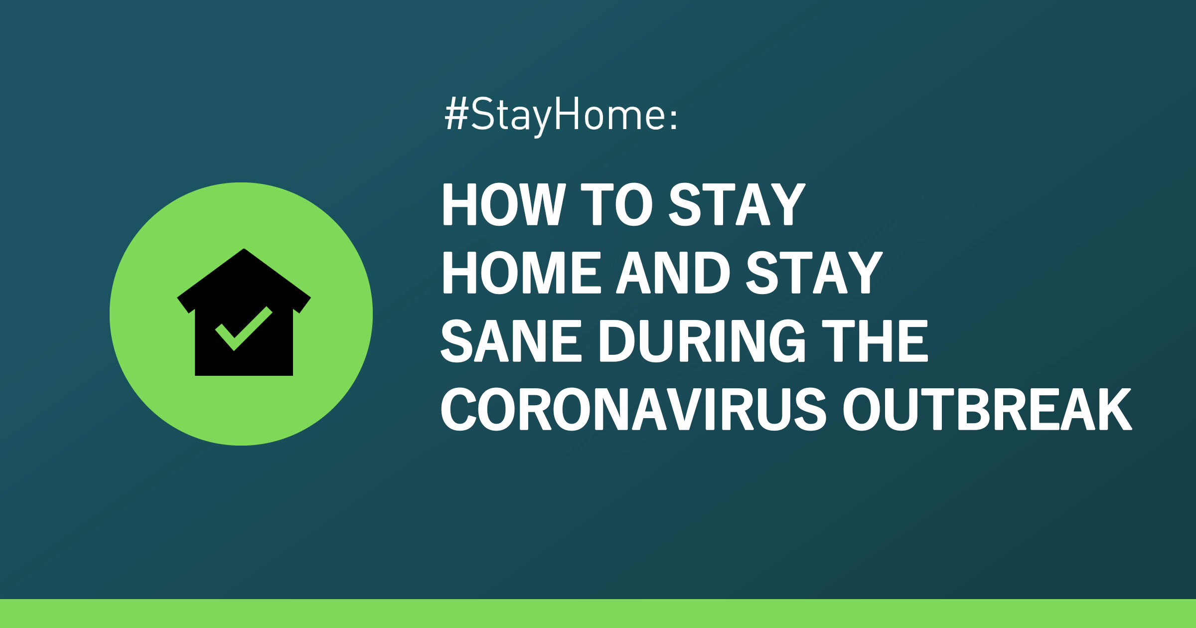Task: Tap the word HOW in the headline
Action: [504, 204]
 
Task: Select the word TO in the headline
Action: [617, 204]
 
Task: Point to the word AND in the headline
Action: [673, 273]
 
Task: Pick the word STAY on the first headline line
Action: [737, 204]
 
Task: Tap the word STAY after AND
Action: [814, 273]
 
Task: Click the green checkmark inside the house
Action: [244, 328]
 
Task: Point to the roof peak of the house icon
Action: [244, 249]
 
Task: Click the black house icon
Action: [244, 312]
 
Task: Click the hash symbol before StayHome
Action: [456, 114]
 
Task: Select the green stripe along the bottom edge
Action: [598, 614]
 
